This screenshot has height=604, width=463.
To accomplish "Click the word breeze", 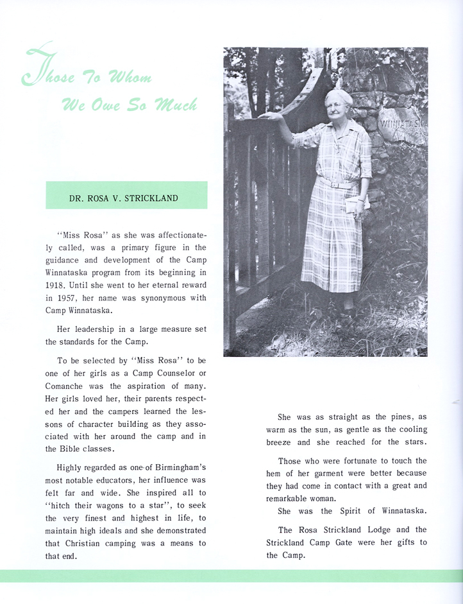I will (x=280, y=442).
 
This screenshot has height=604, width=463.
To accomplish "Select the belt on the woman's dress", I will (x=337, y=184).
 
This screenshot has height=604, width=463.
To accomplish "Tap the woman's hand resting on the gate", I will (x=271, y=116).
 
